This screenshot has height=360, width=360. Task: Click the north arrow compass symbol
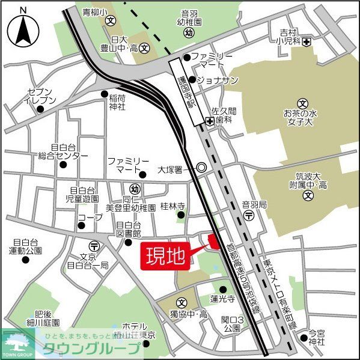pos(23,26)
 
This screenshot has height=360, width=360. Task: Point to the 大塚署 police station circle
pos(201,169)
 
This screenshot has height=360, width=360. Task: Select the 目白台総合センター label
pos(63,151)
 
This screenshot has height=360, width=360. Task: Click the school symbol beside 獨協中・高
pos(181,302)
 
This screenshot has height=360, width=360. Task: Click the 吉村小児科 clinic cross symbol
pos(307,41)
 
